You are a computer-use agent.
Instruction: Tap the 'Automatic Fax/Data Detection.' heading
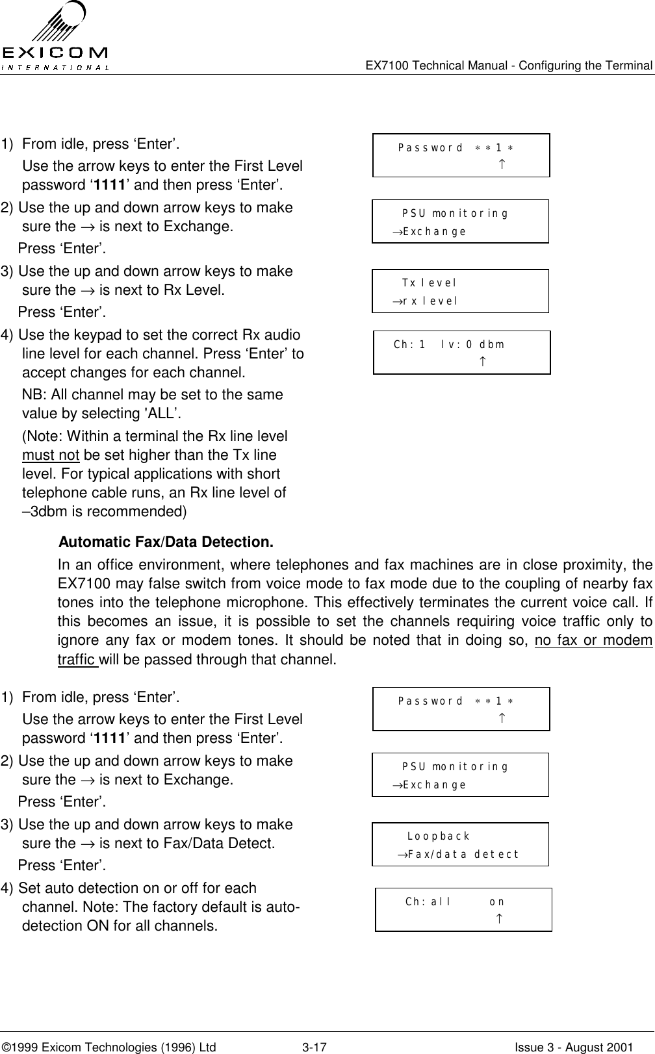pos(166,542)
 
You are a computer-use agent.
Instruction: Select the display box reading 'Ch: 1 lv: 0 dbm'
pos(461,353)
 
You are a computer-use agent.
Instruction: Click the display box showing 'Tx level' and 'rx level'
pos(460,291)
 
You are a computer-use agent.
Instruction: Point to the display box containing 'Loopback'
pos(460,844)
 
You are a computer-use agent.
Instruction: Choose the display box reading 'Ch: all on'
pos(463,909)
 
